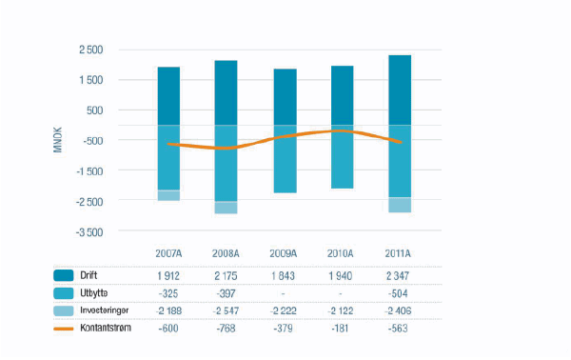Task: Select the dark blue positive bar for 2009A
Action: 284,96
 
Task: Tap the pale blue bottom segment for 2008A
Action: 226,208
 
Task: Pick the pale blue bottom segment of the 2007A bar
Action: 168,195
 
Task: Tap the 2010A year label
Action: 341,253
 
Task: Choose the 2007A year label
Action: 169,253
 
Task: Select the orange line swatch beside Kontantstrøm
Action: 64,328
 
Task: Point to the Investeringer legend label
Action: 111,310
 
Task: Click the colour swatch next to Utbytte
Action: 64,293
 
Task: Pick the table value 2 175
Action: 226,275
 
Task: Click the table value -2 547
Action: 226,310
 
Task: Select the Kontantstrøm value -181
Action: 341,329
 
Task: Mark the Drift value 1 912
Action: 169,275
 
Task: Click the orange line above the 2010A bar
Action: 340,130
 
